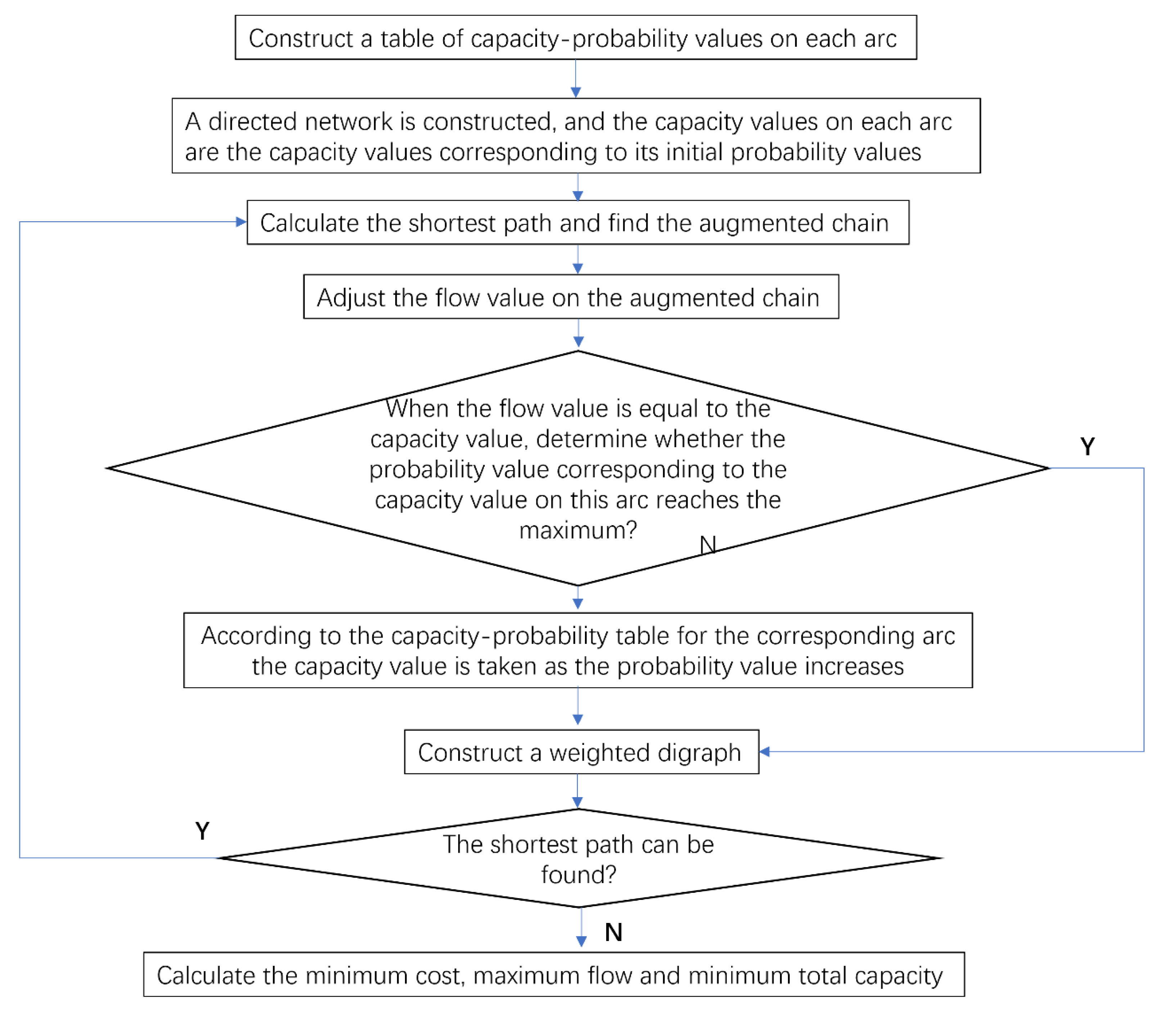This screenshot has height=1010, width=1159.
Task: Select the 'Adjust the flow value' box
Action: coord(571,297)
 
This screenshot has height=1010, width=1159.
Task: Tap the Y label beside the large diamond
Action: coord(1087,446)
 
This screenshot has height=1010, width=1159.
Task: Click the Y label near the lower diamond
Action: coord(202,831)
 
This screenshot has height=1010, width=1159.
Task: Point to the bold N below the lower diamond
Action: coord(613,932)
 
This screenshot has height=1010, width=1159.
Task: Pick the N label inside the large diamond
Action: coord(707,545)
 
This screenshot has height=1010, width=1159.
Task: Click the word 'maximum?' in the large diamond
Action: coord(578,531)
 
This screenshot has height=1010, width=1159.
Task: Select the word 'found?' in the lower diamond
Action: coord(578,875)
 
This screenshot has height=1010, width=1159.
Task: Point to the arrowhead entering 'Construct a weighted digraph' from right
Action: coord(765,751)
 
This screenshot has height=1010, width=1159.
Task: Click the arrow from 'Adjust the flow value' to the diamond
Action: coord(578,334)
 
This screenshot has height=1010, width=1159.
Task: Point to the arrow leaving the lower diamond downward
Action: coord(581,927)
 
